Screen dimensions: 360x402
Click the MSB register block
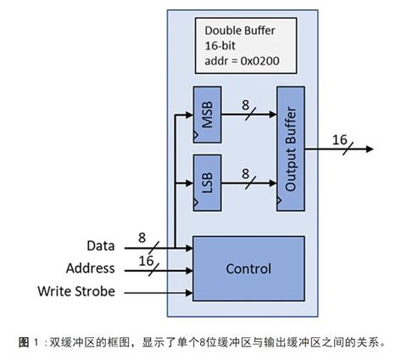pyautogui.click(x=206, y=113)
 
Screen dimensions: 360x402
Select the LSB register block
pyautogui.click(x=206, y=183)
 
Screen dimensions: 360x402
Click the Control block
pyautogui.click(x=248, y=269)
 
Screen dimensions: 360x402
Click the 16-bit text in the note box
pyautogui.click(x=221, y=45)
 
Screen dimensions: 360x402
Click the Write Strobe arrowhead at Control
pyautogui.click(x=190, y=291)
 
